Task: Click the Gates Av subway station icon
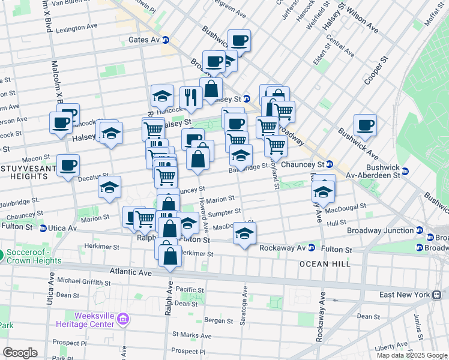click(166, 40)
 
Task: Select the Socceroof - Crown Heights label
click(34, 256)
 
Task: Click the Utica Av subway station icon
click(43, 228)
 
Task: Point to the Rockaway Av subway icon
click(312, 247)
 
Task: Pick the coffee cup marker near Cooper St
click(365, 125)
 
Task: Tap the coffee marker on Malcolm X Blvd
click(61, 122)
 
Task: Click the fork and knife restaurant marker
click(191, 98)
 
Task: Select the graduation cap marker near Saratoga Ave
click(244, 235)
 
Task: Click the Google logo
click(20, 353)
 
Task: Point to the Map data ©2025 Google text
click(412, 355)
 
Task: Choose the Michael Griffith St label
click(83, 280)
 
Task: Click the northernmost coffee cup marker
click(239, 41)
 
